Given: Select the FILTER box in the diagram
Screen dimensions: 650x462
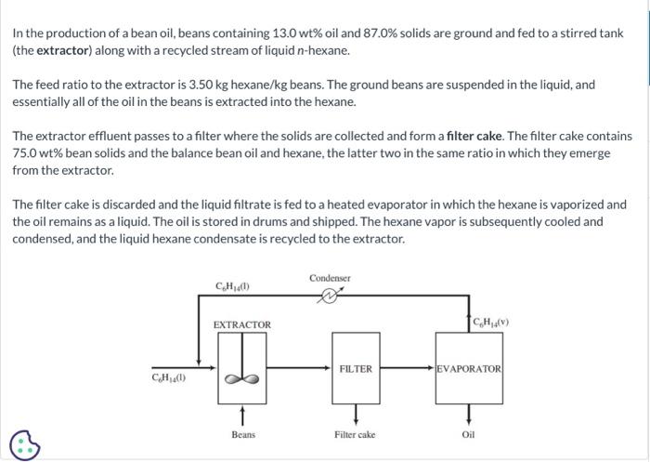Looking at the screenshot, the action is (356, 369).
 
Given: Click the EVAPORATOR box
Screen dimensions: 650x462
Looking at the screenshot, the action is (469, 369).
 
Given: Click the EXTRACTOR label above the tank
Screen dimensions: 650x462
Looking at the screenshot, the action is (242, 324).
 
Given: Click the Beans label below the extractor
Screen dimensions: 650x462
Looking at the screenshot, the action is (243, 434).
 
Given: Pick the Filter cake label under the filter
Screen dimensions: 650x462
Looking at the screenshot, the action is (356, 434).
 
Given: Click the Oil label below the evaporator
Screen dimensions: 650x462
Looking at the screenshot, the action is (468, 434).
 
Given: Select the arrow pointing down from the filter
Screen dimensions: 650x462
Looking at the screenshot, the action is (356, 412).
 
